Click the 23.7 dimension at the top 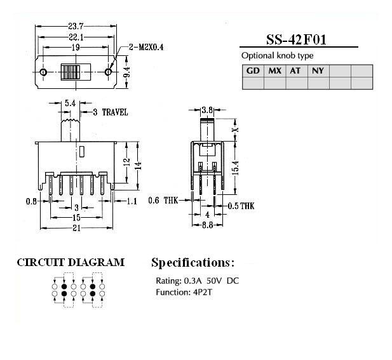76,26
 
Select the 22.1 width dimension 76,37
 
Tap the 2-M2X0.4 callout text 146,47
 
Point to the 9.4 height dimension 126,72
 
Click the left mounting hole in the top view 43,72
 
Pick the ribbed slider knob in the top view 71,72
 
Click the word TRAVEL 115,112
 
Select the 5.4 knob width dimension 70,103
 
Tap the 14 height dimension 138,166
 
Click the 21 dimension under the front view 76,228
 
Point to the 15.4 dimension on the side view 236,168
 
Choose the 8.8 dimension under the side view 208,225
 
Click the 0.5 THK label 241,206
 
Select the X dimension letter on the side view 235,130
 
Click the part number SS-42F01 296,39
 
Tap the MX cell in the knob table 274,71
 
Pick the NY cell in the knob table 318,71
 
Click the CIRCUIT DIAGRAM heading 71,262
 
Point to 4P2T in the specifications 202,292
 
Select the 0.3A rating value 193,281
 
